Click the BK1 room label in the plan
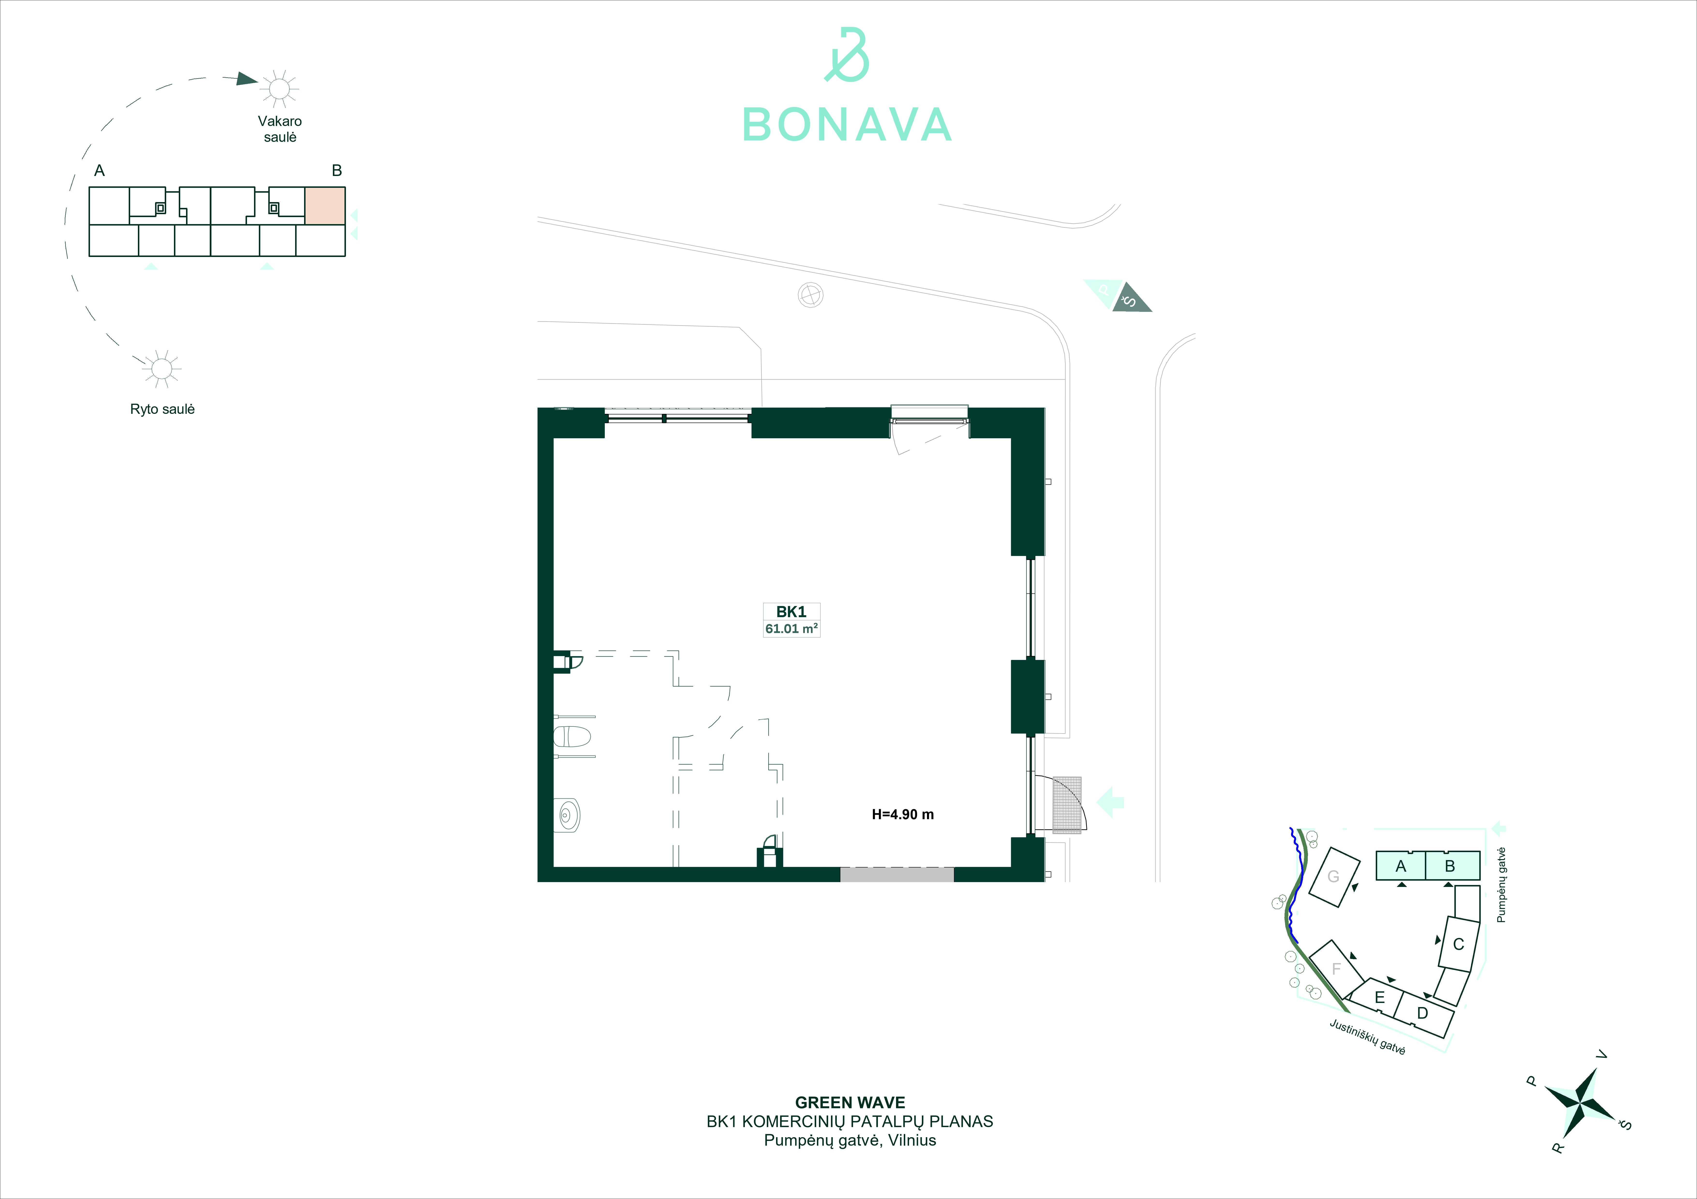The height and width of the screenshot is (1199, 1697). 791,612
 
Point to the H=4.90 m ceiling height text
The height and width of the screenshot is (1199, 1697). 903,814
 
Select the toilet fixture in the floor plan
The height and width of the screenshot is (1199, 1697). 573,737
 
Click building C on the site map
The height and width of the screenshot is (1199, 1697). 1458,944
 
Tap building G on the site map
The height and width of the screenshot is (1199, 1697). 1334,877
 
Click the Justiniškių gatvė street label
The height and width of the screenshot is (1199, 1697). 1367,1037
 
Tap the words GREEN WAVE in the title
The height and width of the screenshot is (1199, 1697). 850,1103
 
